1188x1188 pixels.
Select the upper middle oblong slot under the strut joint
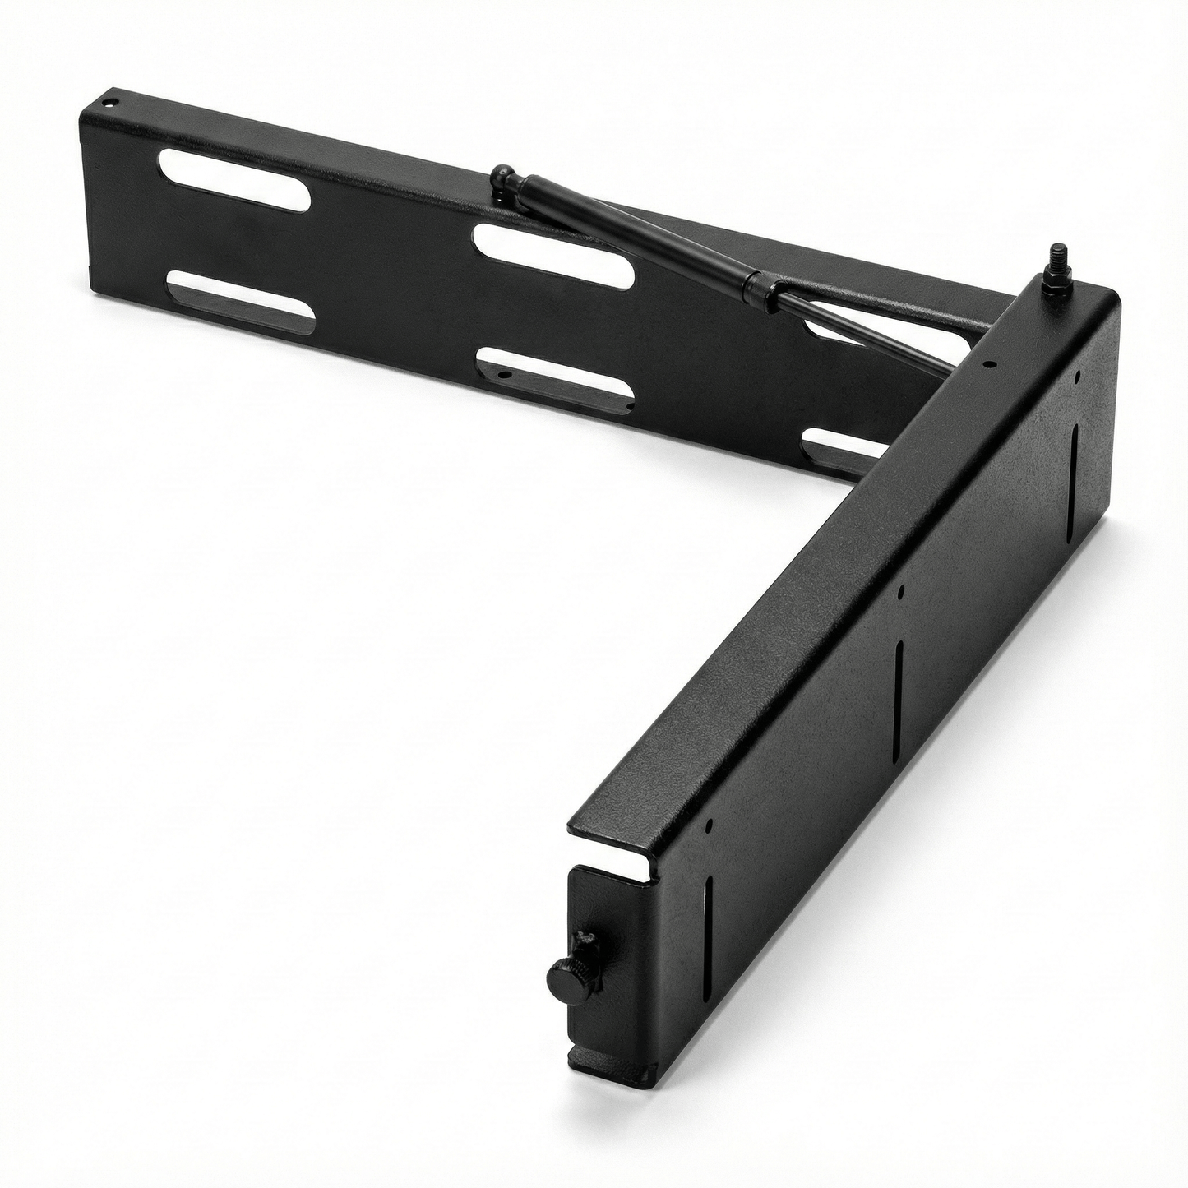click(x=553, y=255)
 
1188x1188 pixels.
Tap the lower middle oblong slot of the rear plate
click(x=555, y=379)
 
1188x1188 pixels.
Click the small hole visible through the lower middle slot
click(x=503, y=375)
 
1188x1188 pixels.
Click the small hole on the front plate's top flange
click(x=989, y=364)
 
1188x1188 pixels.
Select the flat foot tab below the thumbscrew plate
click(x=608, y=1061)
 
